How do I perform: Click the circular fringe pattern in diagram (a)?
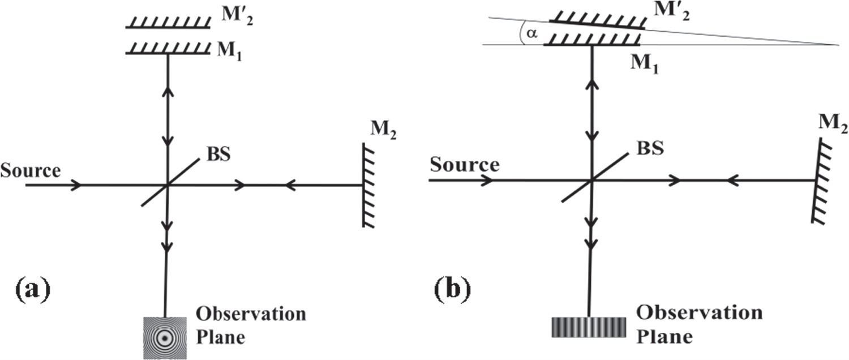pyautogui.click(x=165, y=338)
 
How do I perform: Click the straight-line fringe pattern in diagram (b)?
pyautogui.click(x=589, y=328)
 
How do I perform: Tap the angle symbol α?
pyautogui.click(x=530, y=34)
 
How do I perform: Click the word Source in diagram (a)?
pyautogui.click(x=31, y=170)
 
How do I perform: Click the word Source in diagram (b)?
pyautogui.click(x=465, y=165)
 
